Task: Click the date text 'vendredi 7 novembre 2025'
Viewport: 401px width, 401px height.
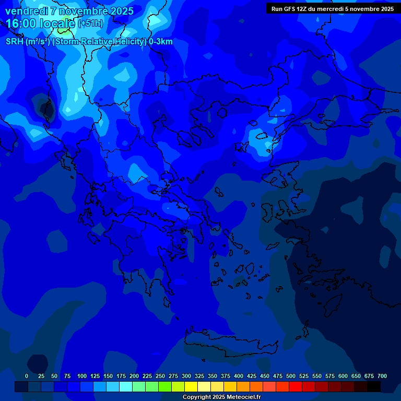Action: (69, 11)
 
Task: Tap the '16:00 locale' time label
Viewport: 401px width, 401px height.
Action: (41, 23)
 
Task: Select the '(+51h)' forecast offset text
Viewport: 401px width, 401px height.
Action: (90, 23)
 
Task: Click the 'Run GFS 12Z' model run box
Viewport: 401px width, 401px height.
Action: (333, 8)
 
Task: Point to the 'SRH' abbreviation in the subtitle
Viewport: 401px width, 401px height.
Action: (15, 42)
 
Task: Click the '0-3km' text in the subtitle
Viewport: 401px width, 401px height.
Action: (161, 42)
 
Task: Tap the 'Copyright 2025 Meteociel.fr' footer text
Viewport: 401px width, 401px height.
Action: (221, 397)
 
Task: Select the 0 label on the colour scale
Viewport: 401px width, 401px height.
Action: (27, 376)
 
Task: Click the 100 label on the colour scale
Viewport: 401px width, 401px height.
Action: (82, 376)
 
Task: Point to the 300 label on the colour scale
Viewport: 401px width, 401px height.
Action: (186, 376)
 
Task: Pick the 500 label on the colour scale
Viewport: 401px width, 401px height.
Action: (291, 376)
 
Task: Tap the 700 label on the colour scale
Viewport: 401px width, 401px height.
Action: (382, 376)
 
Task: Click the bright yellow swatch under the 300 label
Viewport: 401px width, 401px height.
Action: (191, 387)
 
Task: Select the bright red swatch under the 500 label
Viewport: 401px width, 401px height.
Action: (296, 387)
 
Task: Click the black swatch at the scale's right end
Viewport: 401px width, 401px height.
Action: (374, 387)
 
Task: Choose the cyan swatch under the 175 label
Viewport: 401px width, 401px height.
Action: (126, 387)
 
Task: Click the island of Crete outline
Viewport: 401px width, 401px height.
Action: (230, 345)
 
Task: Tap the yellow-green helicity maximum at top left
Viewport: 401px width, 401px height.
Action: (66, 25)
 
